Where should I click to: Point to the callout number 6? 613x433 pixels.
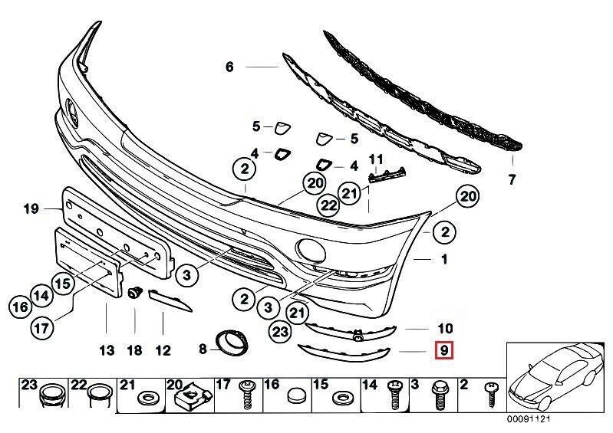coord(229,67)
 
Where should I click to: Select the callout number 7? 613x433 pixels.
coord(512,180)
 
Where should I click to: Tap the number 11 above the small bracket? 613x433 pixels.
coord(375,159)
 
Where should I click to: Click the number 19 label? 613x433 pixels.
coord(30,208)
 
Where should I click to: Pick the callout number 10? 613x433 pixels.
coord(445,327)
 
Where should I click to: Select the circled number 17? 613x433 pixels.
coord(43,328)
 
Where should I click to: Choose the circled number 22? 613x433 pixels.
coord(328,205)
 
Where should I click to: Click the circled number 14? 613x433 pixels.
coord(42,294)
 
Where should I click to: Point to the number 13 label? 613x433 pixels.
coord(106,351)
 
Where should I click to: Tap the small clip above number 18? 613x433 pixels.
coord(136,293)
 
